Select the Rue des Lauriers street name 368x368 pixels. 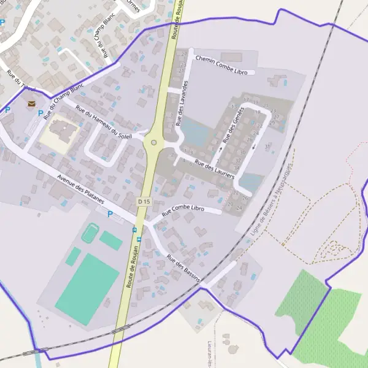pos(214,168)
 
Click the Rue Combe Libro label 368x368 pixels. pos(183,210)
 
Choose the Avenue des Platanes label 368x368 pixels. pos(80,190)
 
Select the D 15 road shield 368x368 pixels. pos(144,201)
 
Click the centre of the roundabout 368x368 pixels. pos(154,143)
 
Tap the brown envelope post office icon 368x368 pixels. pos(31,104)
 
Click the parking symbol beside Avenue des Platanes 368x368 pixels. pos(110,214)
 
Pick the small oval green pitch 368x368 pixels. pos(90,233)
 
